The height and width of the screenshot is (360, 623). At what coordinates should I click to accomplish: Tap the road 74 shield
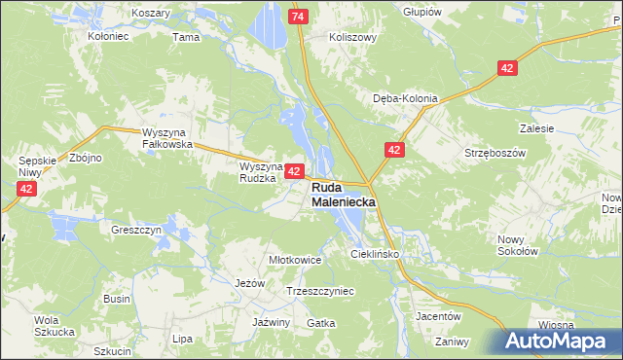299,18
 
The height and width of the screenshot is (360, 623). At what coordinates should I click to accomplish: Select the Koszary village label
149,13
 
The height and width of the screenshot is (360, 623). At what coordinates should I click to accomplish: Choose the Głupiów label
421,12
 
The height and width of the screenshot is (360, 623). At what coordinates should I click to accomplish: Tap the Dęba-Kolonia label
406,98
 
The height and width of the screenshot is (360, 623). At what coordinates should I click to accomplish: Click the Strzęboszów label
495,153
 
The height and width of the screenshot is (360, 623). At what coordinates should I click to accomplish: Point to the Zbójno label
86,157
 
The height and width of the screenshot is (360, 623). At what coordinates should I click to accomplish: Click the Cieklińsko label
376,253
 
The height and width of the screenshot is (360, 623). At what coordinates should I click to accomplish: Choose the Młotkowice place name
295,260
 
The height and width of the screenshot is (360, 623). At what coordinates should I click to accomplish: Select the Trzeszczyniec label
320,291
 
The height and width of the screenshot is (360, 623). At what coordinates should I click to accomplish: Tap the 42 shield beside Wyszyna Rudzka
293,170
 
